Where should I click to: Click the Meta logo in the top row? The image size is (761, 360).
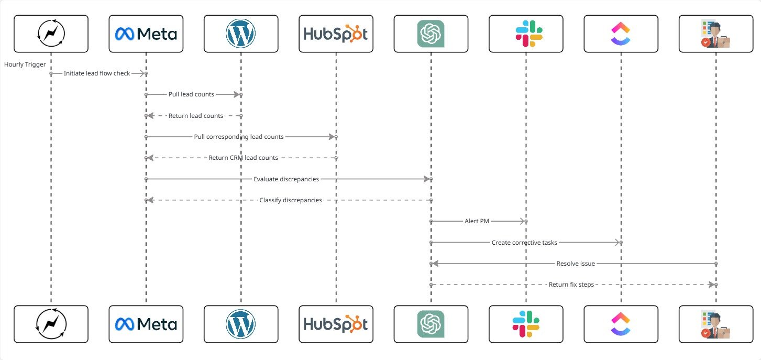point(146,34)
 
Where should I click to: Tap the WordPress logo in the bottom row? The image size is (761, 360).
point(241,324)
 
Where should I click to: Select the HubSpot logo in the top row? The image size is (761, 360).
point(336,34)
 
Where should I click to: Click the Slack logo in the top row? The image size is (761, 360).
point(526,34)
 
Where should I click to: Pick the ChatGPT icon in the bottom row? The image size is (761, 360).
point(431,324)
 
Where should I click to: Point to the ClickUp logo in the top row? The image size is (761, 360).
point(621,34)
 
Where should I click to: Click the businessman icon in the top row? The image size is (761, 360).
point(715,34)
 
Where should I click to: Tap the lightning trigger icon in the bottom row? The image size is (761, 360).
point(51,324)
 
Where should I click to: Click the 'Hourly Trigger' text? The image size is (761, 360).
point(25,64)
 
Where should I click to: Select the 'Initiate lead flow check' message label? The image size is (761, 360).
point(97,73)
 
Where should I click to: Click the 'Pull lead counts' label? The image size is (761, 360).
point(191,94)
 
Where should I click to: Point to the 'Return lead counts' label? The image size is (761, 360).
point(196,116)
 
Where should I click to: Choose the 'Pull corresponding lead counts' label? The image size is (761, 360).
point(239,137)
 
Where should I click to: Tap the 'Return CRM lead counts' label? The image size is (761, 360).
point(243,158)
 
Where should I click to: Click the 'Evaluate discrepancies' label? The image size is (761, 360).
point(286,179)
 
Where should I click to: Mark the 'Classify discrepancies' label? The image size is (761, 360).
point(291,200)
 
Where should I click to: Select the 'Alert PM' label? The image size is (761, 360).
point(477,221)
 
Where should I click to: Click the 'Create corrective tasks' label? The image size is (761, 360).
point(524,243)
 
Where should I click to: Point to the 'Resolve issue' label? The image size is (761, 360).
point(576,264)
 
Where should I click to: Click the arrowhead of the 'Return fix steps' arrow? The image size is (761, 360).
point(711,285)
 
